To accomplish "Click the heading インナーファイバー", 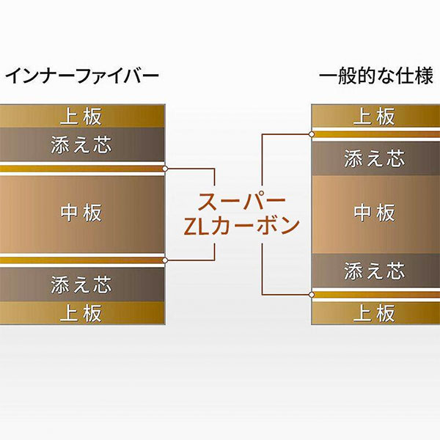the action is [x=82, y=76].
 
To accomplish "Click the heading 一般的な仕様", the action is [x=375, y=76].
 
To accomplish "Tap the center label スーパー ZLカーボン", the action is [x=241, y=214].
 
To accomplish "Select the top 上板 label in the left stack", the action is [x=81, y=117].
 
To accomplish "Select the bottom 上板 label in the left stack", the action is [x=81, y=313].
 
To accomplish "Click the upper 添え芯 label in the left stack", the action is [x=81, y=144].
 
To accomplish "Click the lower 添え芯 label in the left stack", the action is [x=81, y=285].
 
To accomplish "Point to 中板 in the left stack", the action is [x=81, y=213].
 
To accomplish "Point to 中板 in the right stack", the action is [x=374, y=213].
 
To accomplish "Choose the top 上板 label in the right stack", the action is [x=374, y=117].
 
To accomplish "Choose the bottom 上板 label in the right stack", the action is [x=374, y=313].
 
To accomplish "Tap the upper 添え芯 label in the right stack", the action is [x=375, y=158].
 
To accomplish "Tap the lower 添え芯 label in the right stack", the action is [x=375, y=271].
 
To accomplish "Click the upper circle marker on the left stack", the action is [x=165, y=169].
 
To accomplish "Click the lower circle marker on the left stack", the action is [x=165, y=260].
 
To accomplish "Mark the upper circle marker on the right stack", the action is [x=311, y=134].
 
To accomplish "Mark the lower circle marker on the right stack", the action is [x=311, y=295].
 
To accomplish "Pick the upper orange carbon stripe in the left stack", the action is [x=82, y=169].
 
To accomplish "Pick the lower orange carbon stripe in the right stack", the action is [x=376, y=295].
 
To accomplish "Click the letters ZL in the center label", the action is [x=196, y=227].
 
